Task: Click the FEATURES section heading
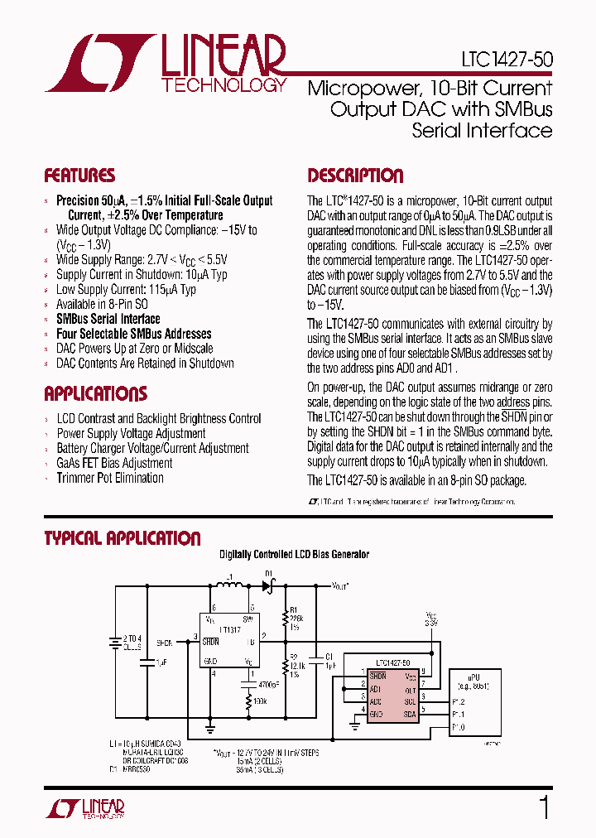[79, 176]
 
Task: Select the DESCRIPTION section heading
[355, 176]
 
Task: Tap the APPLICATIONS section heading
[95, 394]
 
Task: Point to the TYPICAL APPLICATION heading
[122, 539]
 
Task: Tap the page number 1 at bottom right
[544, 807]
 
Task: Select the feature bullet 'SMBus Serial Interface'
[108, 319]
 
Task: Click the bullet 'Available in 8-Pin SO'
[102, 304]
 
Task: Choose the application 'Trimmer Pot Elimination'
[110, 478]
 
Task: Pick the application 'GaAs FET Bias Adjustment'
[114, 463]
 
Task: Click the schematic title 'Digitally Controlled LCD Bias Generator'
[294, 554]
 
